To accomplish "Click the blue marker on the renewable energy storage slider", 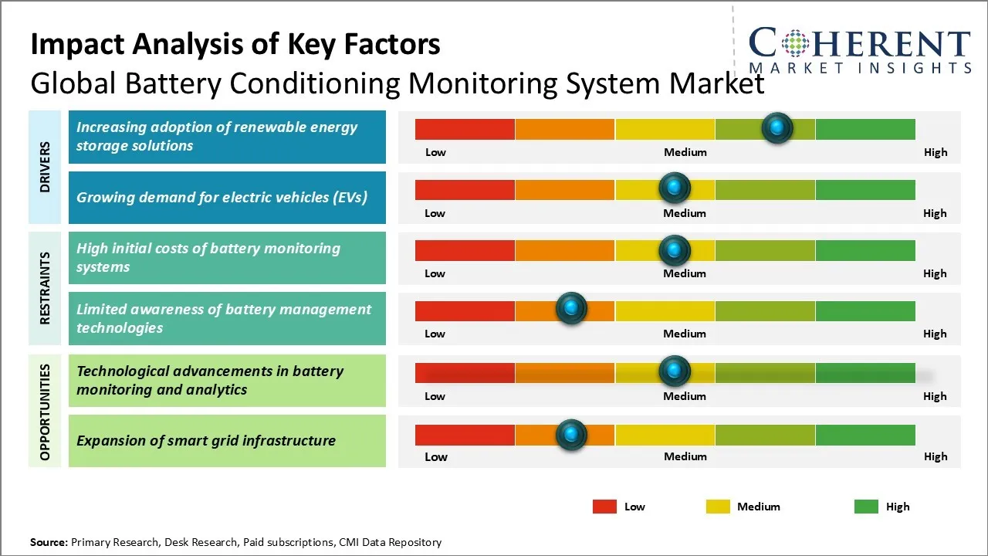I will coord(777,127).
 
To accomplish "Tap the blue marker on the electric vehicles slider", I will coord(675,188).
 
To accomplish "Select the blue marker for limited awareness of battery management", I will coord(571,309).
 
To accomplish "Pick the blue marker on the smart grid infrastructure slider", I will coord(571,434).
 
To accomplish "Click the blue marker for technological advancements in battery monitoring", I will coord(675,371).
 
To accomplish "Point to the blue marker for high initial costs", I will coord(675,249).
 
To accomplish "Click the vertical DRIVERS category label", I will coord(45,167).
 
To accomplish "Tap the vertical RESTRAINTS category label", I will coord(45,288).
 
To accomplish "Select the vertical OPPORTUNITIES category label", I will coord(45,412).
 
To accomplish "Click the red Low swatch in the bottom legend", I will coord(604,507).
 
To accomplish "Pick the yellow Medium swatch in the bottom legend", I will coord(718,507).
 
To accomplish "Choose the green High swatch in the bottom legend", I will coord(866,507).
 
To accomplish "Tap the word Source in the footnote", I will coord(49,542).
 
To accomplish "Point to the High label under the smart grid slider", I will coord(936,456).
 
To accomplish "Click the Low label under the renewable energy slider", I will coord(435,152).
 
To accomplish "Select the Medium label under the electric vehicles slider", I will coord(685,213).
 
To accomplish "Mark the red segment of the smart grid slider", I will coord(465,435).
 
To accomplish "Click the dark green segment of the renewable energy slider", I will coord(864,129).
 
